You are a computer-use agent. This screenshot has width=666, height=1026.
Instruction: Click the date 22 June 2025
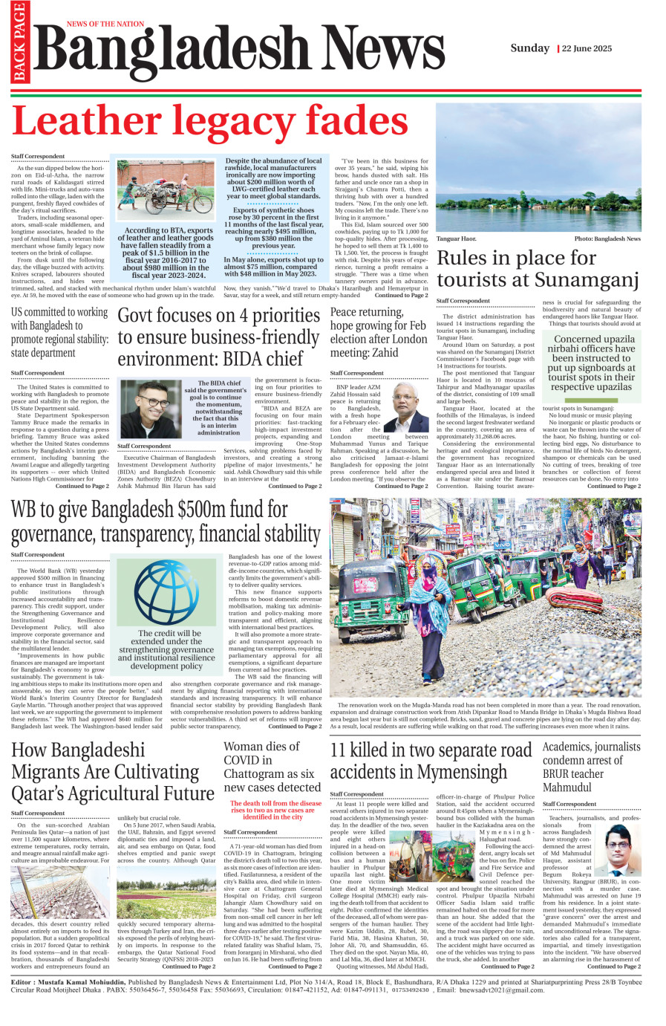(587, 48)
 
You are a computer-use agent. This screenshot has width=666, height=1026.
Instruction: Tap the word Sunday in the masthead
(529, 48)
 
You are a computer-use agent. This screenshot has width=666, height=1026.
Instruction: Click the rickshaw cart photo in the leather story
(165, 191)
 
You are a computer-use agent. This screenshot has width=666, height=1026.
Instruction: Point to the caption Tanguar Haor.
(456, 239)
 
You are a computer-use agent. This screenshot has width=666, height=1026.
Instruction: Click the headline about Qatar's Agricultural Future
(113, 771)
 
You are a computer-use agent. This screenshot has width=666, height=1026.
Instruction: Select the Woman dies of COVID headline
(272, 767)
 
